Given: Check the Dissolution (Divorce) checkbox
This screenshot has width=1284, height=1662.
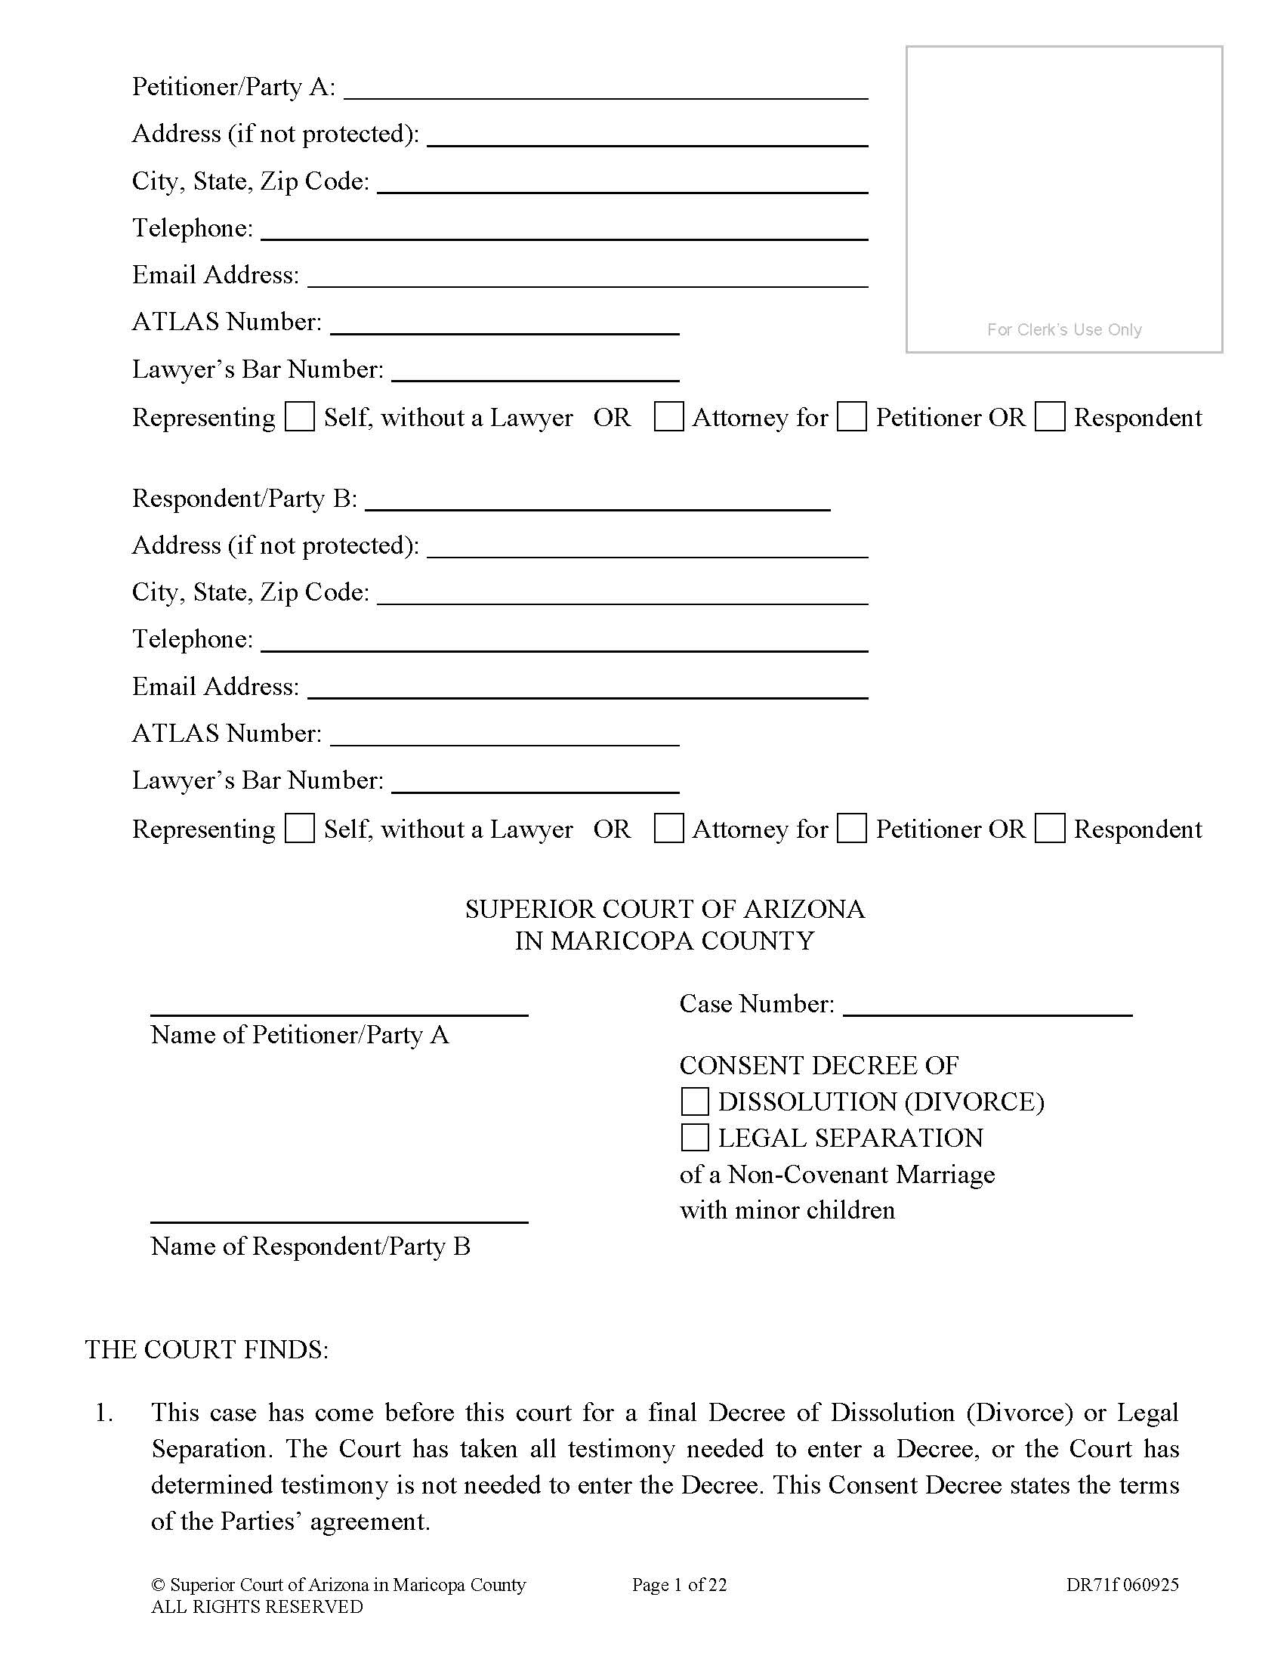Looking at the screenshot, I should (x=694, y=1102).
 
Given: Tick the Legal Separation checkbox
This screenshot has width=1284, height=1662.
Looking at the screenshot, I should (x=694, y=1138).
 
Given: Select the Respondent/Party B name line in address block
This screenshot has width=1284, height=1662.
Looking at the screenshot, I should (x=597, y=501).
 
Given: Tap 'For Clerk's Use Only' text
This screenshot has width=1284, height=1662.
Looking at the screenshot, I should (x=1064, y=329).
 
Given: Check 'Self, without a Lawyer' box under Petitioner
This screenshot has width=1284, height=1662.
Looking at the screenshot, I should (x=300, y=417).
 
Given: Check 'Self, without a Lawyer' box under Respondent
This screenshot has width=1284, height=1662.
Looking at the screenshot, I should (x=300, y=829).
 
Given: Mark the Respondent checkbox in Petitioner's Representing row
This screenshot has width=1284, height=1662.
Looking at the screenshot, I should (x=1050, y=417).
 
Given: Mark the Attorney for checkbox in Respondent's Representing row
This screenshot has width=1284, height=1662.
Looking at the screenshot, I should (x=668, y=829).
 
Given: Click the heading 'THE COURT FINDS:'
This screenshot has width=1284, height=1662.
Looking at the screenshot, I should (x=207, y=1349).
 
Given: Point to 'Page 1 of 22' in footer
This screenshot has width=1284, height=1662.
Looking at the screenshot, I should (x=678, y=1585).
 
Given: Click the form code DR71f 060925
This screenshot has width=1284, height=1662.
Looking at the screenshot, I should (x=1122, y=1585).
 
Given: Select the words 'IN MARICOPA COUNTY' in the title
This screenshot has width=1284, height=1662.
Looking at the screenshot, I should (x=664, y=941).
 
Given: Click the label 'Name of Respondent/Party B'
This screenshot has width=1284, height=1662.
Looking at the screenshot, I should (x=310, y=1246).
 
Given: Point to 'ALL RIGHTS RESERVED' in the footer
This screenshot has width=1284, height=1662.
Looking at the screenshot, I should (x=256, y=1606).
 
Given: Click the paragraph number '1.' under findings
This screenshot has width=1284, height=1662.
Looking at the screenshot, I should (x=103, y=1413).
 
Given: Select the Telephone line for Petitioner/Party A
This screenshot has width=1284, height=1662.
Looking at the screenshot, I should (x=563, y=230).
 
